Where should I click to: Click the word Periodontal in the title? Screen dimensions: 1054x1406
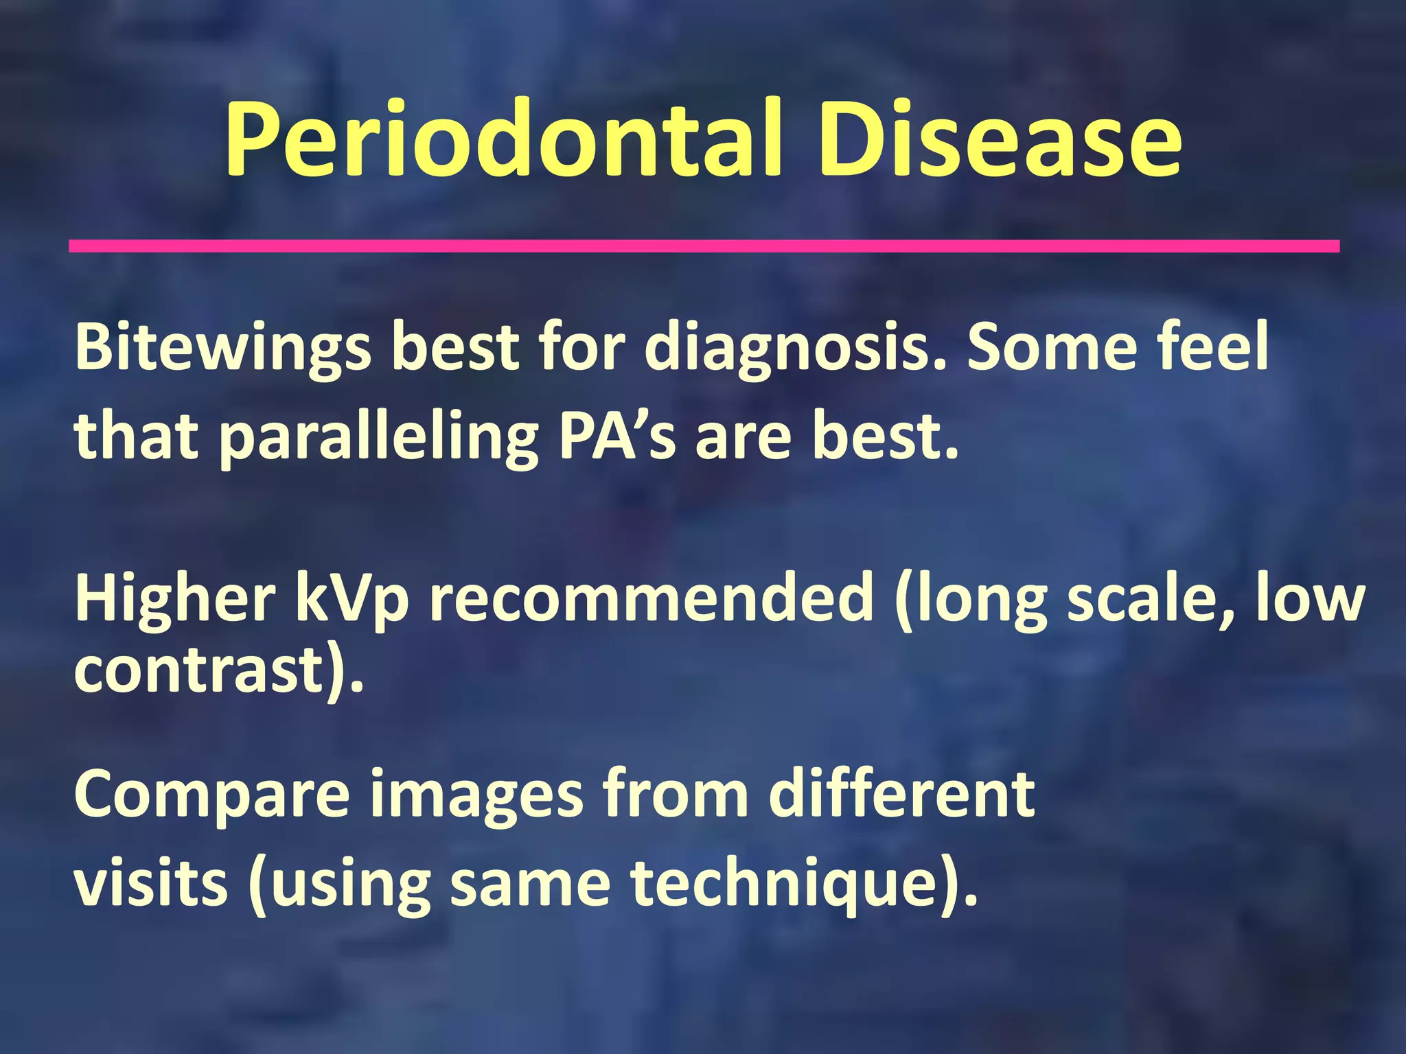[x=505, y=141]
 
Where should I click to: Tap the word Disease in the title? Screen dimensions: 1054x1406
[x=999, y=141]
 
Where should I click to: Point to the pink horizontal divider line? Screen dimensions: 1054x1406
[x=704, y=246]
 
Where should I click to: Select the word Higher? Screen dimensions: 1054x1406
[x=175, y=599]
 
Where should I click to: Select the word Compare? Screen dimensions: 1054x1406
[x=213, y=796]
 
